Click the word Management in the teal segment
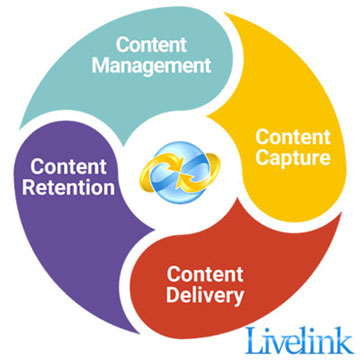164,67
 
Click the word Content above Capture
290,135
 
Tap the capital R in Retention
29,188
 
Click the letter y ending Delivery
240,297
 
